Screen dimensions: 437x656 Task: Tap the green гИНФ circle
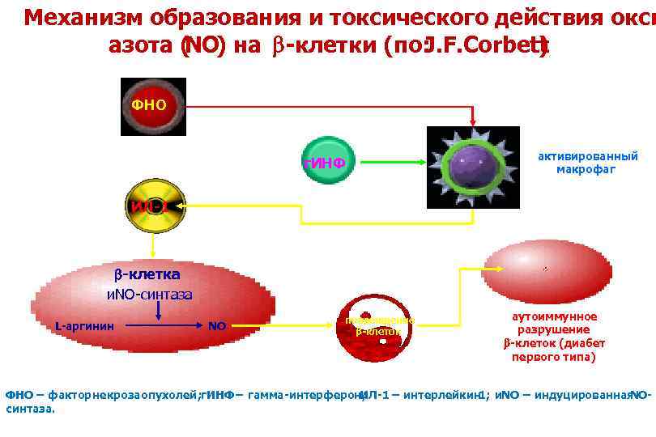[x=326, y=163]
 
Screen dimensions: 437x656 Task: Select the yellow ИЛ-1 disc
[x=155, y=207]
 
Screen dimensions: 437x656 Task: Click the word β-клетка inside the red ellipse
[x=147, y=275]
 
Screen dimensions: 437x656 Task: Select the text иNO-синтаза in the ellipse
[x=150, y=293]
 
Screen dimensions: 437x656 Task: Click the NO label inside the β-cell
[x=217, y=326]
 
